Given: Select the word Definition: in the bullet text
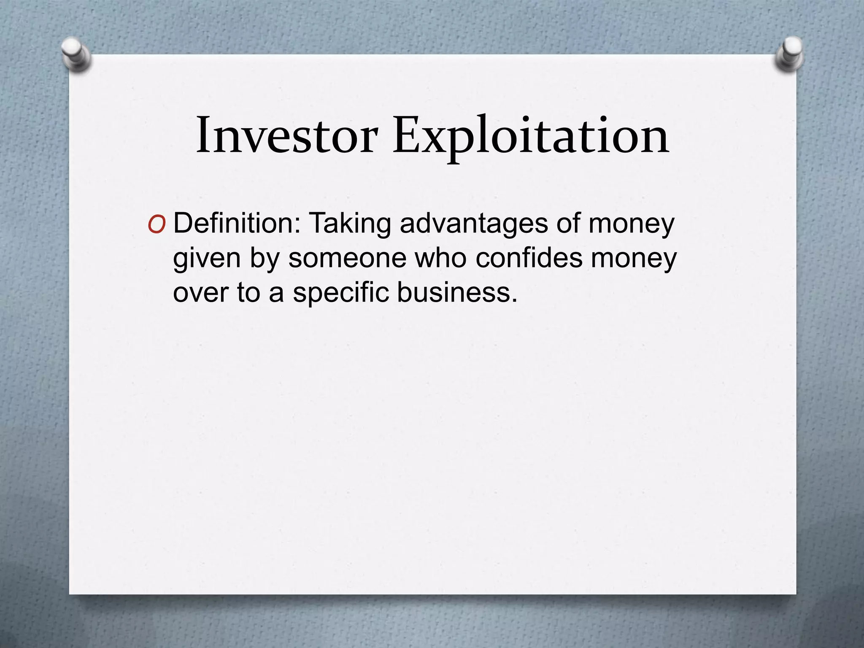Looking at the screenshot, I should click(x=237, y=223).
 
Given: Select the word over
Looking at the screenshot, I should click(x=200, y=292).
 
